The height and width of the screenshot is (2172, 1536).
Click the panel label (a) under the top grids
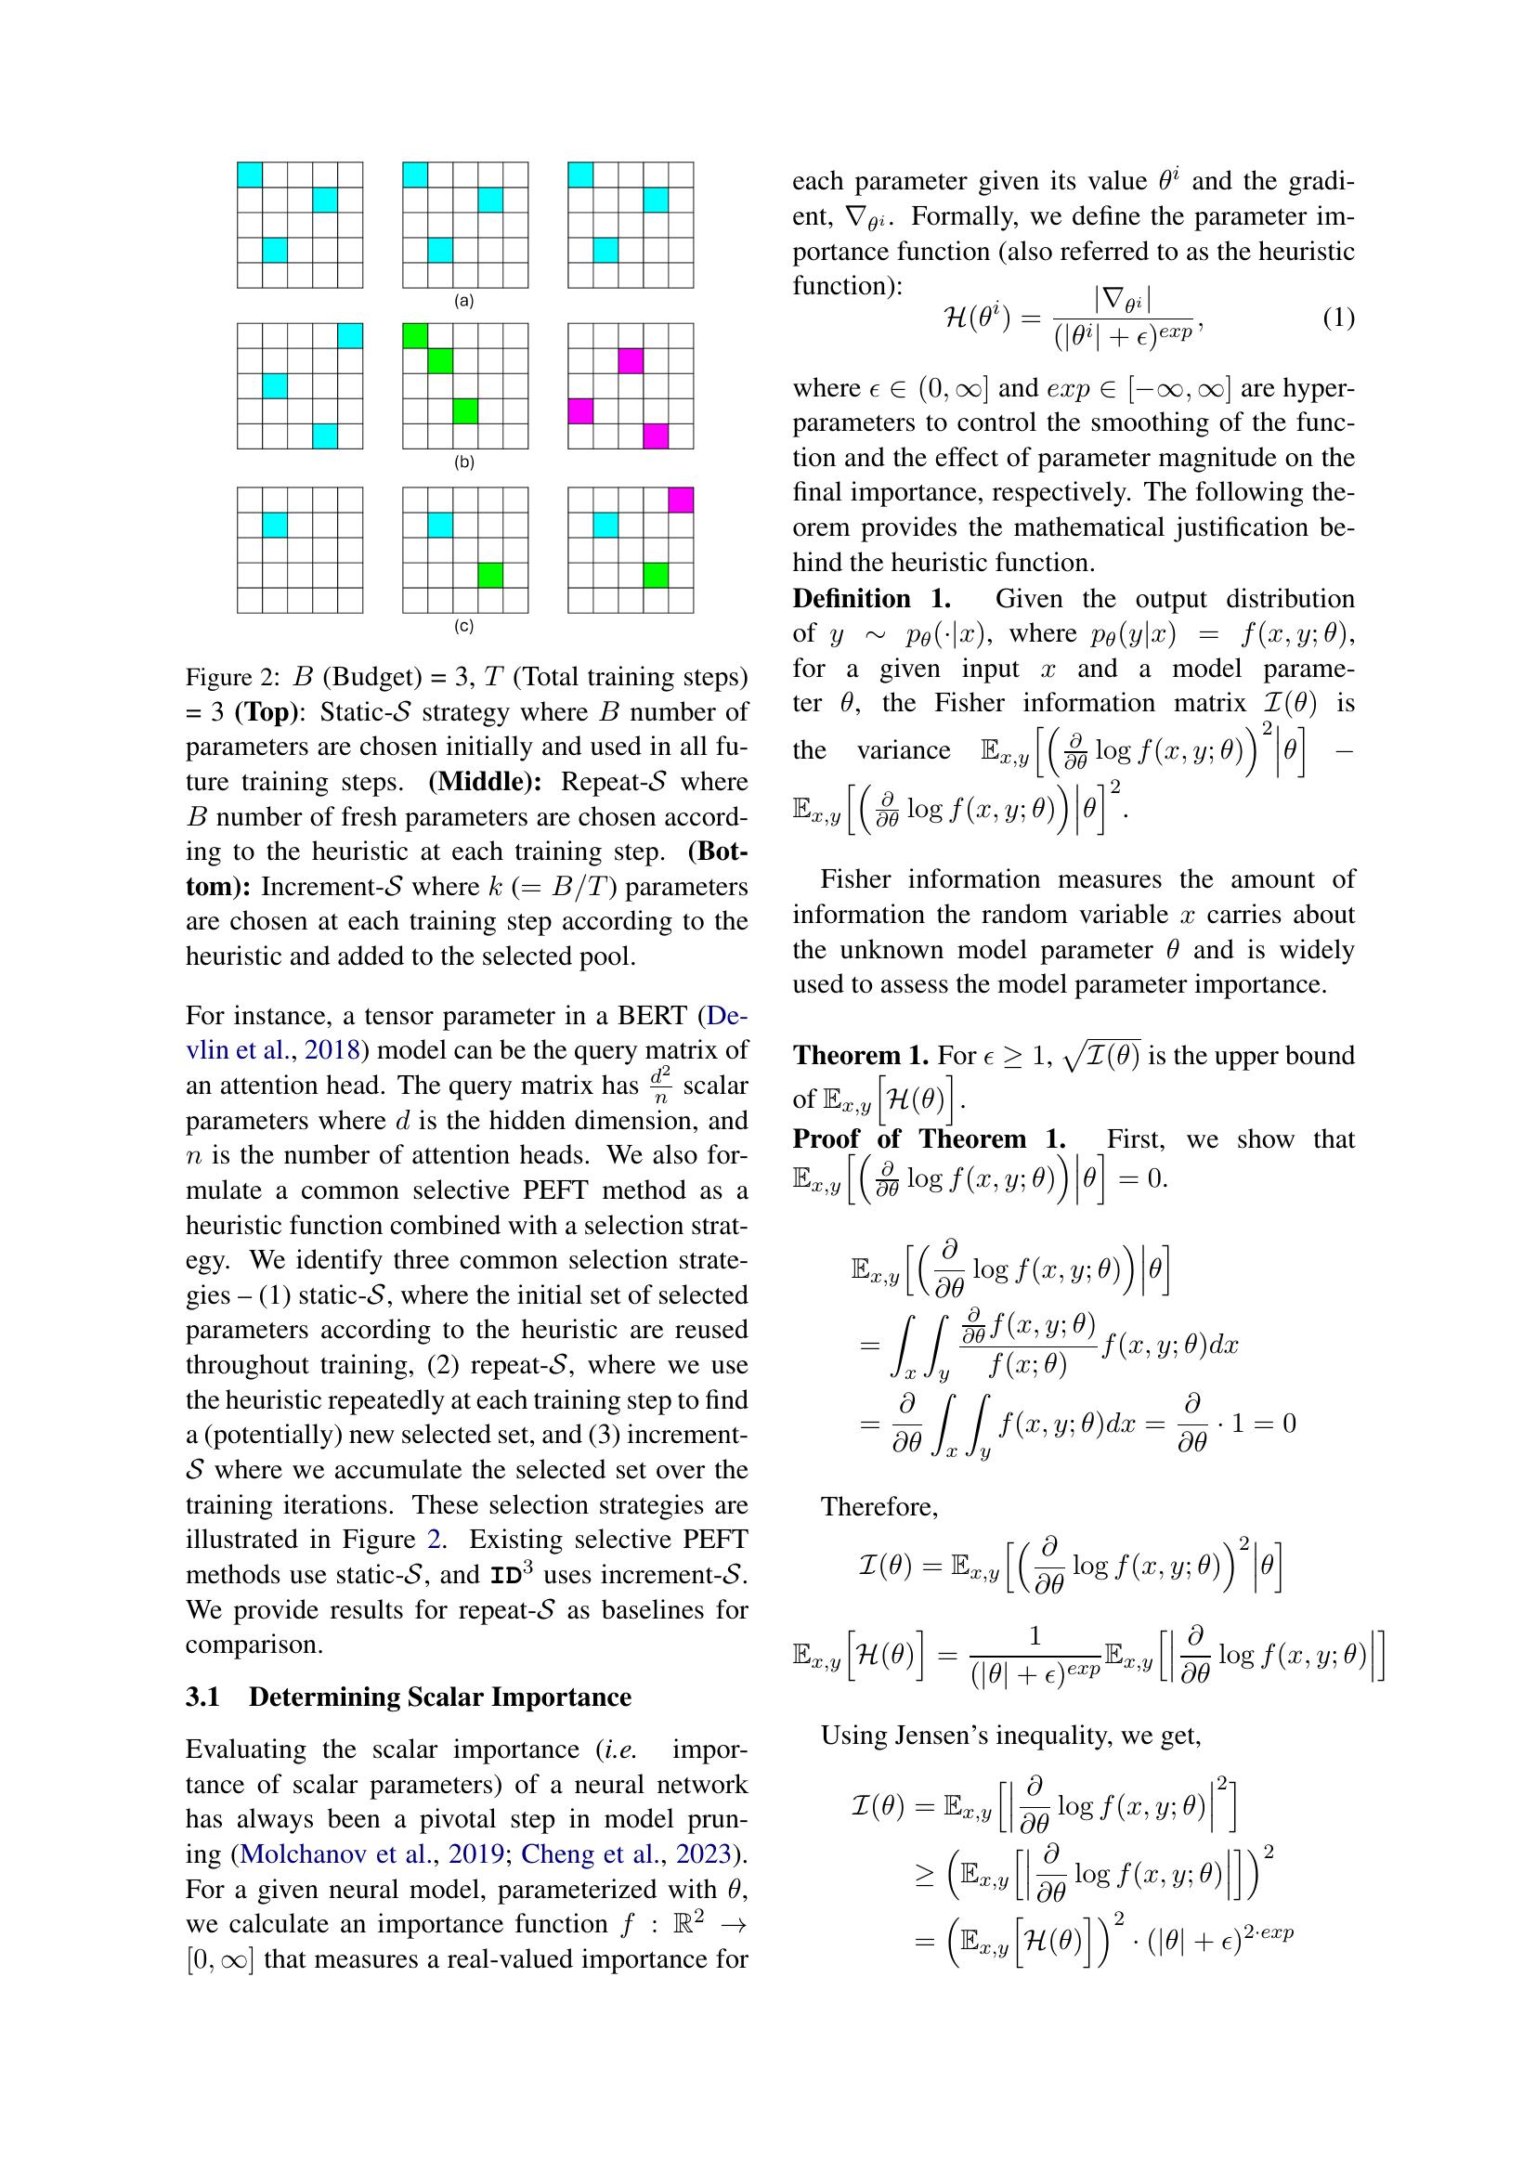pos(463,302)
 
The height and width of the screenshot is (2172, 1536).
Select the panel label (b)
pos(463,462)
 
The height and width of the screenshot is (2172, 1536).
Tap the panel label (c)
pos(463,626)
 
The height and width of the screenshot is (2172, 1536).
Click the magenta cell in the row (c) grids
pos(680,500)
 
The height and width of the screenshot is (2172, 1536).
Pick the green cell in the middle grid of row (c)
pos(490,575)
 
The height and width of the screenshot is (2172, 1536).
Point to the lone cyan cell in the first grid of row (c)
pos(274,525)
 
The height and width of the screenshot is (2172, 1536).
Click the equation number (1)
pos(1337,319)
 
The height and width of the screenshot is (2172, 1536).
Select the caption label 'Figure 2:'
pos(233,677)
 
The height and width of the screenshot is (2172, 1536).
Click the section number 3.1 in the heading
pos(202,1697)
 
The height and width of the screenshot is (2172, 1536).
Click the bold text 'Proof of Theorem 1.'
pos(929,1139)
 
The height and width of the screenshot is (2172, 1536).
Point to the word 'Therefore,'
pos(879,1507)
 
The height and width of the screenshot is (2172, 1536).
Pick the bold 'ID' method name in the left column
pos(503,1576)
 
